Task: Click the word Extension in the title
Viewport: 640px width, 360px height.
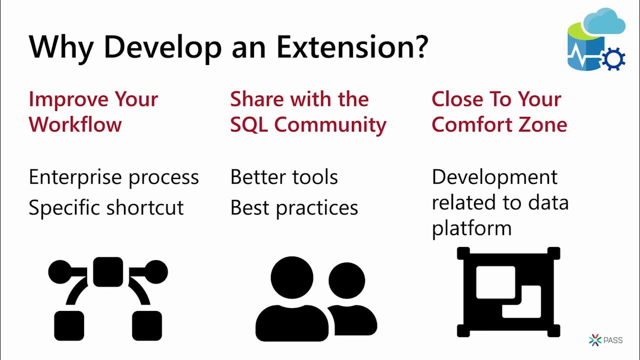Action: point(351,46)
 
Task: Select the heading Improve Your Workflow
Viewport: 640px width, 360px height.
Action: point(93,111)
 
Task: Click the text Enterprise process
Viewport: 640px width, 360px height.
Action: point(113,177)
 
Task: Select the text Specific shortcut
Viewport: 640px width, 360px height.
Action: point(106,207)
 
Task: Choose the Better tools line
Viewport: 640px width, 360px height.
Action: point(284,177)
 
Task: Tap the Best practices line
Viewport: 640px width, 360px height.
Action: point(294,207)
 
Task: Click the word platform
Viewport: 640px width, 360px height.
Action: point(471,228)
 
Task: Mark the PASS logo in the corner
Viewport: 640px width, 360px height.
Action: point(605,340)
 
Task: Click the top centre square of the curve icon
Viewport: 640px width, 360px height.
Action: point(108,272)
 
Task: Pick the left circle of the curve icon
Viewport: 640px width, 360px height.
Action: point(59,272)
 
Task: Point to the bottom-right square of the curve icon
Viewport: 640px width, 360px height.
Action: point(146,325)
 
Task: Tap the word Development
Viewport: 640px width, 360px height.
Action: point(494,177)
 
